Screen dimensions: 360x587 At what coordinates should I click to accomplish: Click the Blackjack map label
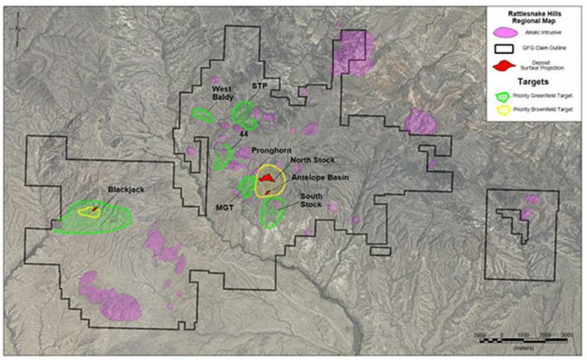coord(126,189)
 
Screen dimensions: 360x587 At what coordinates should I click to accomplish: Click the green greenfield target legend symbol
coord(503,98)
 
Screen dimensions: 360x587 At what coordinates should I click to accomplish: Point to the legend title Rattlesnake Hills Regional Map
coord(533,17)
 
